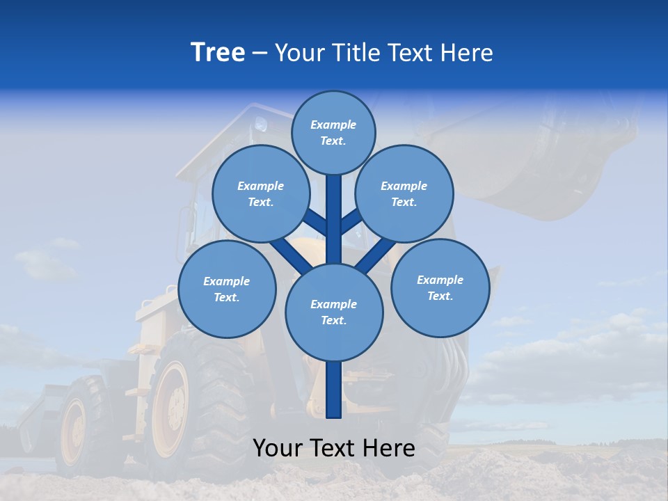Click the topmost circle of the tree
[333, 132]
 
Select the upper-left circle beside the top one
[260, 193]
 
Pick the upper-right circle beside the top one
[404, 193]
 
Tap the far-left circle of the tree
[227, 289]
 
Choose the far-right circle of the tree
[440, 287]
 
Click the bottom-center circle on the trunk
[334, 312]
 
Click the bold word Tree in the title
[218, 52]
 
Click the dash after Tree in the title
[260, 54]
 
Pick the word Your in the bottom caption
[278, 448]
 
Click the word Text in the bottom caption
[334, 448]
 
